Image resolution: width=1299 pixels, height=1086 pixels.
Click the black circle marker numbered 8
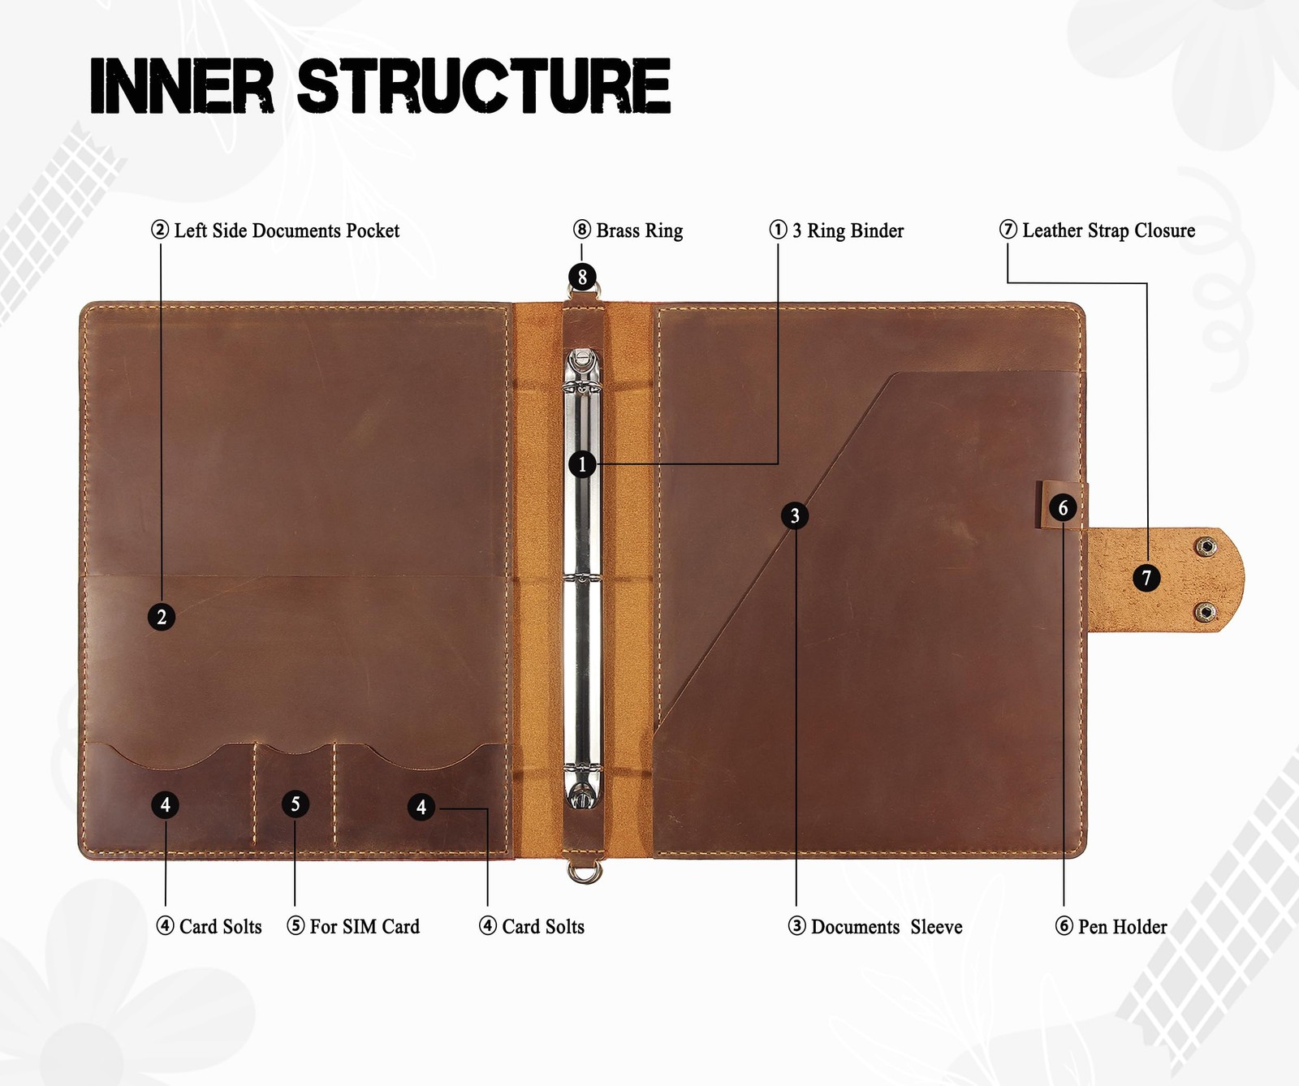(582, 277)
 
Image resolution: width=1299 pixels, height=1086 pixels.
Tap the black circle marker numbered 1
(582, 465)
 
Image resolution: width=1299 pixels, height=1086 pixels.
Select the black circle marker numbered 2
(162, 617)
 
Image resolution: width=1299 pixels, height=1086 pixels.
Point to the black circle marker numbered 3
(795, 515)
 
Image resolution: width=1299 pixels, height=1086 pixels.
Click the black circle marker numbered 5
(296, 804)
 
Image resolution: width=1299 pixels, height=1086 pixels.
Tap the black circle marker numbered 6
(1063, 508)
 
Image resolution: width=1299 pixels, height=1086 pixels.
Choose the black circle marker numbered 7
(1146, 578)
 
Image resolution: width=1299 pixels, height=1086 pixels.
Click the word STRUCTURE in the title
(484, 85)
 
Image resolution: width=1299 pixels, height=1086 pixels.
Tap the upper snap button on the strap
(1207, 548)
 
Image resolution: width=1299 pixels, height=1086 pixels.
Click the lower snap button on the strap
(1206, 612)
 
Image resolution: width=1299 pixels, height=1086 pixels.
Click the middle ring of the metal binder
(583, 579)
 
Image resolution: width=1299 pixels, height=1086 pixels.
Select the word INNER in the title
(182, 85)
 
